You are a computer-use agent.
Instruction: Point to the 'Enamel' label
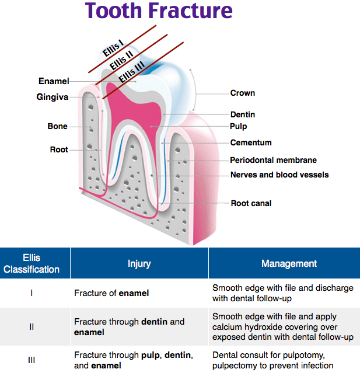point(54,81)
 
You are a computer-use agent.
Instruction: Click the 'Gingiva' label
point(53,98)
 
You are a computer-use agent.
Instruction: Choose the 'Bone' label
point(57,126)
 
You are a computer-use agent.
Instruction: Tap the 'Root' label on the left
point(58,149)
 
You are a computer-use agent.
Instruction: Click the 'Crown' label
point(242,93)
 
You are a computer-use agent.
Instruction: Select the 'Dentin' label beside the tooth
point(242,115)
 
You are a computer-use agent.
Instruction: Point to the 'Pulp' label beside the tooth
point(238,126)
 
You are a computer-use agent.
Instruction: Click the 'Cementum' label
point(250,142)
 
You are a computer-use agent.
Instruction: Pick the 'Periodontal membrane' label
point(273,160)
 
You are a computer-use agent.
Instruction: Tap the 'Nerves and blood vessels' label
point(279,175)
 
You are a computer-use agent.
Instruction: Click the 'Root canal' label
point(251,203)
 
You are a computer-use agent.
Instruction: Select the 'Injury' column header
point(139,264)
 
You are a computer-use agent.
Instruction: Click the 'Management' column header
point(289,264)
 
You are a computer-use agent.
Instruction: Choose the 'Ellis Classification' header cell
point(32,263)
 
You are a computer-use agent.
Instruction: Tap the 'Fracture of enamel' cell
point(111,293)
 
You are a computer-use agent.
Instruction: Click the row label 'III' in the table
point(32,360)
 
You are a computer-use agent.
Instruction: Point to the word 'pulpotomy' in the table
point(311,354)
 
